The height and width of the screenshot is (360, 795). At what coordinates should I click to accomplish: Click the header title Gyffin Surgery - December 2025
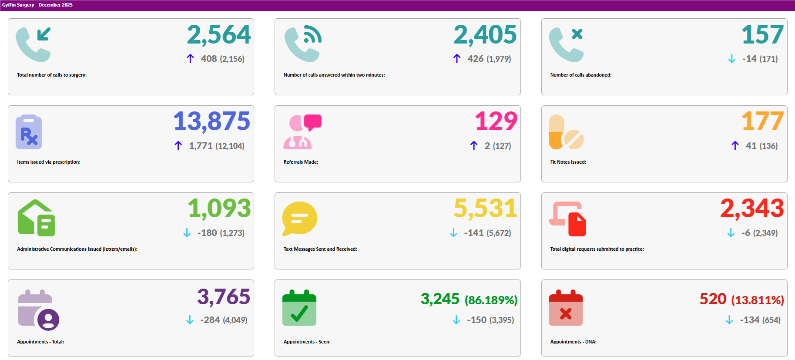37,5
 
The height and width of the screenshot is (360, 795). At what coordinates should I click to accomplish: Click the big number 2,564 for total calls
219,35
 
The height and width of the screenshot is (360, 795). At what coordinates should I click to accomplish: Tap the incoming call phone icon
33,44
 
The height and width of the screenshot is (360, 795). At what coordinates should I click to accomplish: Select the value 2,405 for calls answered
485,35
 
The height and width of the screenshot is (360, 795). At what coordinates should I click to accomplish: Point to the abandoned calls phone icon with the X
566,44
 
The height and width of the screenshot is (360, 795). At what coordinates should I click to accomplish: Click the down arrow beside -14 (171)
731,59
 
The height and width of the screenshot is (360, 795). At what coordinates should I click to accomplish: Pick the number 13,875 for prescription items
211,121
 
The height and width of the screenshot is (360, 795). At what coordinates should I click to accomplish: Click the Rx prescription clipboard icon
29,132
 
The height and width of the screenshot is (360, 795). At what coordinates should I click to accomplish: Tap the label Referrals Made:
301,162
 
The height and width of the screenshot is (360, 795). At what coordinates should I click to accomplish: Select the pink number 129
496,121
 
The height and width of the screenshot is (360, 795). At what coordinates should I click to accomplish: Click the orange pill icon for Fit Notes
566,132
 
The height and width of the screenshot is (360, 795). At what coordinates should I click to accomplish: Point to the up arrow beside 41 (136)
735,146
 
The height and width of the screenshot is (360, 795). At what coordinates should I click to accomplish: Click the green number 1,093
219,209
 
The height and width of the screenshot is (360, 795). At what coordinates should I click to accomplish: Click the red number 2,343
751,209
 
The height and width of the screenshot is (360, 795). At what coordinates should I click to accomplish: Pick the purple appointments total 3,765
224,297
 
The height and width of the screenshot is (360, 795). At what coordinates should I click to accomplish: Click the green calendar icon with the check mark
299,308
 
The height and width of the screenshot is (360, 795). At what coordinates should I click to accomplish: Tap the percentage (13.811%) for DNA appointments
757,300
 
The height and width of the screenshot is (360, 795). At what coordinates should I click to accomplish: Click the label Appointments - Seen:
307,342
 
